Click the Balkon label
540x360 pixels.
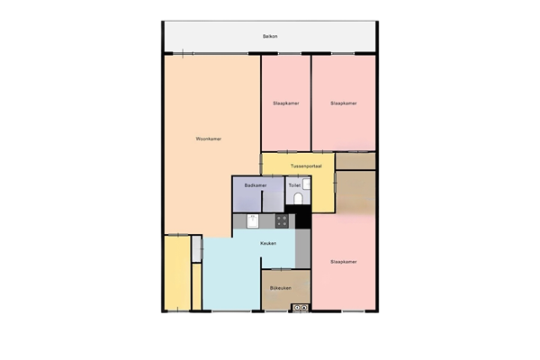coord(270,37)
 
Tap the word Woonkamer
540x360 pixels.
coord(209,139)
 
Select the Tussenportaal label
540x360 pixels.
coord(307,166)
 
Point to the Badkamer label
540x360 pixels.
coord(256,185)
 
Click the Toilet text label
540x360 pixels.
coord(293,185)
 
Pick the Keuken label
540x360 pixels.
coord(266,244)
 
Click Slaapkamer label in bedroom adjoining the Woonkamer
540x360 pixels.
coord(285,103)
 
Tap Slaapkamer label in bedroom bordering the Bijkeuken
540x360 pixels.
coord(343,262)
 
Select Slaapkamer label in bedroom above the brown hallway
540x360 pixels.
coord(343,103)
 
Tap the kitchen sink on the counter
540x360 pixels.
coord(254,219)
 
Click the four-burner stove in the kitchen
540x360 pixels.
coord(282,219)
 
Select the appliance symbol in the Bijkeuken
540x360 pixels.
coord(300,308)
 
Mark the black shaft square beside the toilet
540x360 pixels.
coord(302,219)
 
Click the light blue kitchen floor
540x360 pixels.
coord(229,279)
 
